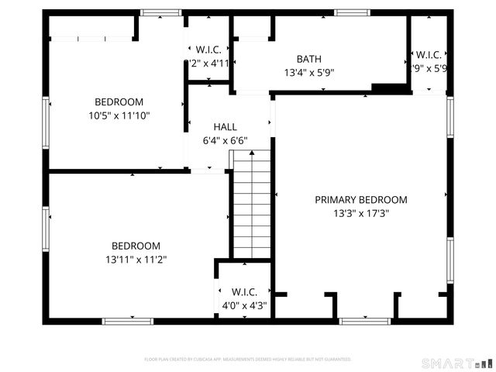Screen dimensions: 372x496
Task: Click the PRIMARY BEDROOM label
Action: pos(360,199)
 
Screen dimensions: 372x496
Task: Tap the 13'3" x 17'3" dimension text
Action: pos(360,213)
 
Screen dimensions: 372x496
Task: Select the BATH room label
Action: pos(308,59)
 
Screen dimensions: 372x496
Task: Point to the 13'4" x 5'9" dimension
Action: pos(308,73)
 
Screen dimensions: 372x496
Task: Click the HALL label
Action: pos(225,126)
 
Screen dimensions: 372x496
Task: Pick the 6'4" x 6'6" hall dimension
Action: pos(225,141)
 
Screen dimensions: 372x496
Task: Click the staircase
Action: pos(252,205)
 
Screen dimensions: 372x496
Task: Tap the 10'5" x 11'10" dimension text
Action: pos(119,115)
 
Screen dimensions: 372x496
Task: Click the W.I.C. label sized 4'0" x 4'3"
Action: pos(244,291)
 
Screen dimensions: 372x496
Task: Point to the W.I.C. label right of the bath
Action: pos(429,54)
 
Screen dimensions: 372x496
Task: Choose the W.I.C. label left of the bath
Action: pos(208,50)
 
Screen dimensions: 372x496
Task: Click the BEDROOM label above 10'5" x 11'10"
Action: pos(119,102)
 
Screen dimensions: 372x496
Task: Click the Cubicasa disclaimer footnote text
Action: pos(248,360)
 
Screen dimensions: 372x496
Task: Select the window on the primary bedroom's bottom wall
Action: pos(364,320)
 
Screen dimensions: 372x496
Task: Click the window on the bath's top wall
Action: pos(352,12)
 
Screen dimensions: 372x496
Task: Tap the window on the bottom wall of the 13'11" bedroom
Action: pos(128,320)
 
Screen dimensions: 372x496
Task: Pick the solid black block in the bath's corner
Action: pos(389,88)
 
